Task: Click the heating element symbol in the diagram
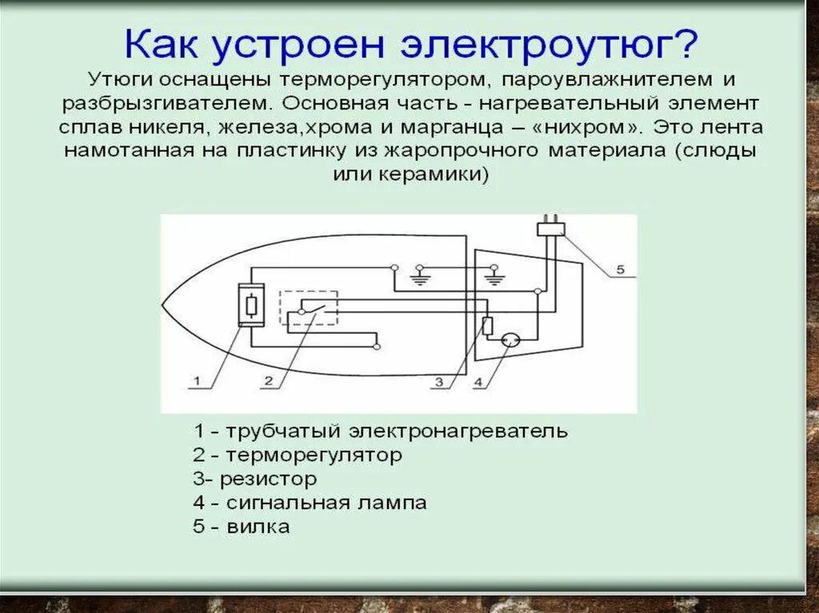click(x=251, y=305)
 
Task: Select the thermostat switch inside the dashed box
click(x=308, y=308)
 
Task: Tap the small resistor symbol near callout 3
click(x=487, y=325)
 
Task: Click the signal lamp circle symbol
click(x=509, y=341)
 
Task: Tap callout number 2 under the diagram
click(x=269, y=382)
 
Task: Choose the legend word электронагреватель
click(x=459, y=432)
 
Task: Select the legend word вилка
click(x=258, y=527)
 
